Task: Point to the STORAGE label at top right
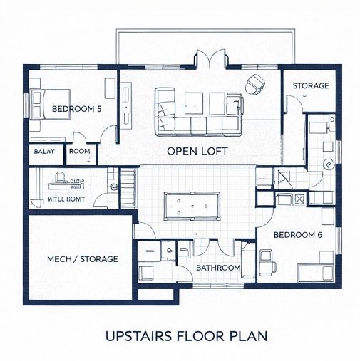coord(311,86)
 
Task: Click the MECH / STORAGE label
coord(82,259)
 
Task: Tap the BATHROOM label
coord(218,268)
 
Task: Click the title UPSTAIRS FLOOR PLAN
coord(185,335)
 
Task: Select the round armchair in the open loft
coord(254,84)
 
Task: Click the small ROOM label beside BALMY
coord(79,152)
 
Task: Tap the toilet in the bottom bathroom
coord(169,251)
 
